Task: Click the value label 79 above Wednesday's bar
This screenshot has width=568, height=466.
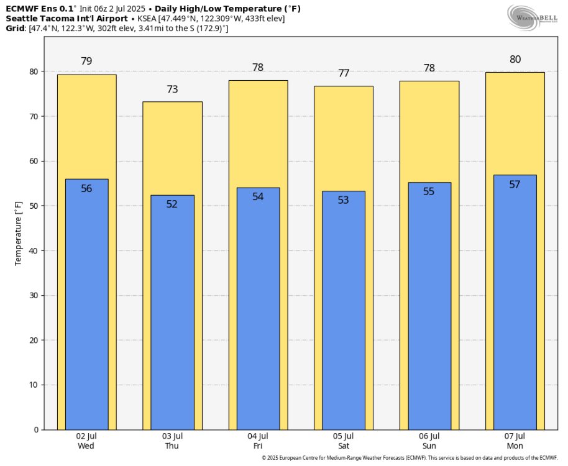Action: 86,61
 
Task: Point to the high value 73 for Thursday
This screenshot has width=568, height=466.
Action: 172,89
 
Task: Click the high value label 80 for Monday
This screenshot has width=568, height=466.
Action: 515,60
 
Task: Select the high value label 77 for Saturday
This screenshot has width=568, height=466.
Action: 344,73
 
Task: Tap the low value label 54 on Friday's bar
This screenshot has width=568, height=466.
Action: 258,196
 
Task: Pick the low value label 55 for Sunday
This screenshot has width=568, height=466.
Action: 429,191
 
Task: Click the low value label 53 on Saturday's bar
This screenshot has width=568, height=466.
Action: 344,200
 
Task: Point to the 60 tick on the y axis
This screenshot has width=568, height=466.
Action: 34,161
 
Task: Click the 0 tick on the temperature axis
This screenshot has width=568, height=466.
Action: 36,429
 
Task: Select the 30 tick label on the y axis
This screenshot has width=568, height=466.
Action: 34,295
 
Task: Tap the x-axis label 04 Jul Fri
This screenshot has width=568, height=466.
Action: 258,441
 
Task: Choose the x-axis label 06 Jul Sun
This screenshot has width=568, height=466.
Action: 429,441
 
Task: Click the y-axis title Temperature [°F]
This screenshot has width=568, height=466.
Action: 19,233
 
